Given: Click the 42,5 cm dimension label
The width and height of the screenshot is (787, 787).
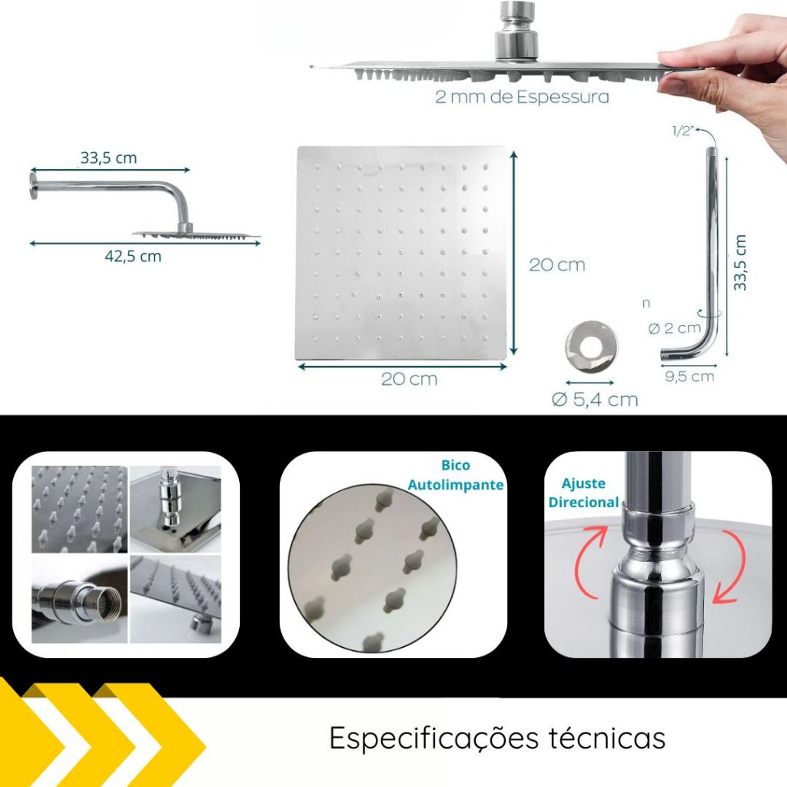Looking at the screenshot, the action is (x=133, y=257).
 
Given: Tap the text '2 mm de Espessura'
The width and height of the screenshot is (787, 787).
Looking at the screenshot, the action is (x=522, y=96).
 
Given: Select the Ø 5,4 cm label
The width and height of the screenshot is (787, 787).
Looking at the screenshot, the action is (x=595, y=400).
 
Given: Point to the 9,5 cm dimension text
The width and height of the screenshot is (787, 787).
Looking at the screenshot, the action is (x=689, y=377).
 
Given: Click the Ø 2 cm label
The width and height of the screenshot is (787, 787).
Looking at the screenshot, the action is (x=674, y=328).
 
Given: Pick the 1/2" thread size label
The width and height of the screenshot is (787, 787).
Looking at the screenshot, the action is (x=682, y=131).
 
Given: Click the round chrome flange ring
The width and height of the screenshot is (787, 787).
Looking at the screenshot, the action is (x=592, y=347).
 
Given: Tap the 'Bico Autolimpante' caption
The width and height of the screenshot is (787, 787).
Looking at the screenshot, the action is (x=455, y=475).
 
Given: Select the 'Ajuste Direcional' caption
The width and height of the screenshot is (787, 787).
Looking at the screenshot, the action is (x=583, y=493).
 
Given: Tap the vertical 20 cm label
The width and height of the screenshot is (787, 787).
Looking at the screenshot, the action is (x=557, y=265).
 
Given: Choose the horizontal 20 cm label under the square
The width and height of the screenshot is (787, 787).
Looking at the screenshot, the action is (x=409, y=379).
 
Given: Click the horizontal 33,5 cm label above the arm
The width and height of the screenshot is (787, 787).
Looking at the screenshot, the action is (x=108, y=158).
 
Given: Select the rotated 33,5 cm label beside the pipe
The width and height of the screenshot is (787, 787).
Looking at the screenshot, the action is (x=740, y=263).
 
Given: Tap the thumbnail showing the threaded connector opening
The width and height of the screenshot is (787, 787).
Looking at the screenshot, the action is (x=79, y=599).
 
